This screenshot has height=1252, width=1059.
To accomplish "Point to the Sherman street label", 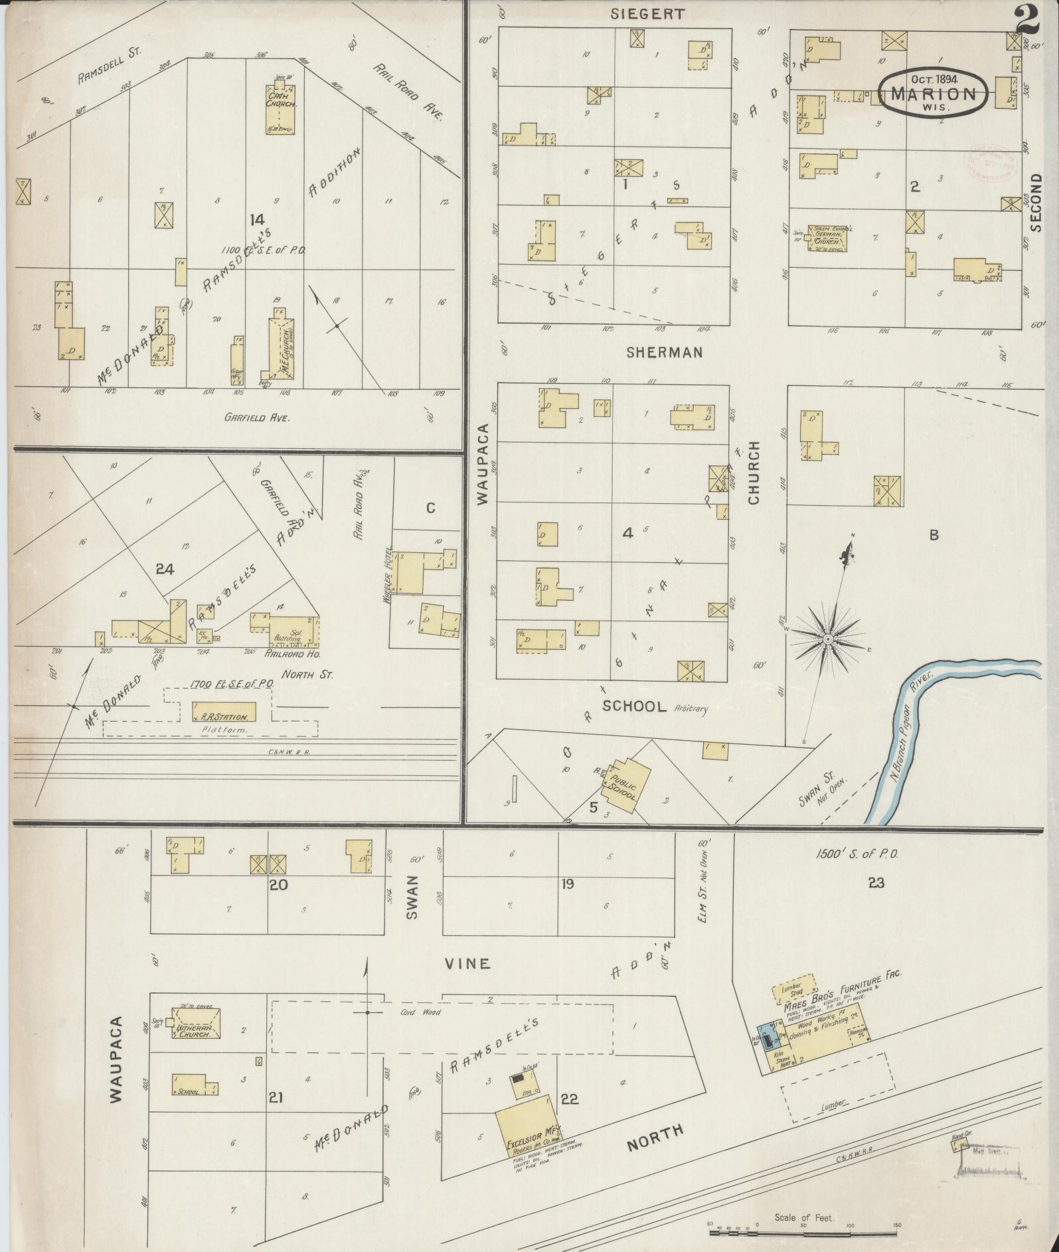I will pos(664,352).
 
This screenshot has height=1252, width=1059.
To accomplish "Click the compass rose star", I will pos(828,639).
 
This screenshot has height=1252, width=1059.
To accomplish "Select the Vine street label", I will pos(467,963).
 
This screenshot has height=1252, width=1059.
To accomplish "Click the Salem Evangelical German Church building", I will pos(827,238).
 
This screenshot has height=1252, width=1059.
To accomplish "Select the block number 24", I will pos(165,568).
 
